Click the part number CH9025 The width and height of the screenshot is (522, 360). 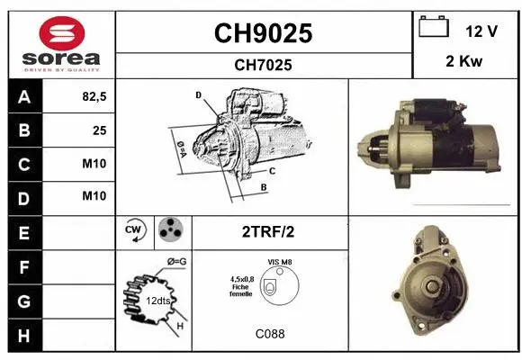(263, 33)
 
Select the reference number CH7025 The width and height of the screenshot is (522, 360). (263, 65)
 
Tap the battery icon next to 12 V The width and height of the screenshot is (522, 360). (434, 29)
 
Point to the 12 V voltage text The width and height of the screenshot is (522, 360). (481, 31)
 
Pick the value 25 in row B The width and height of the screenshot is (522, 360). (98, 130)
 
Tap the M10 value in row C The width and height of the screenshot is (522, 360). (94, 164)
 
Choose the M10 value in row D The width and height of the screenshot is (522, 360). (94, 196)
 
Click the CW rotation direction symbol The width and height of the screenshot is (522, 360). (134, 231)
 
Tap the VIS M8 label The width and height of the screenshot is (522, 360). (279, 262)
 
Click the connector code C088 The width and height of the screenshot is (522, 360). (270, 333)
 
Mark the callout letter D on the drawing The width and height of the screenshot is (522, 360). (197, 94)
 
